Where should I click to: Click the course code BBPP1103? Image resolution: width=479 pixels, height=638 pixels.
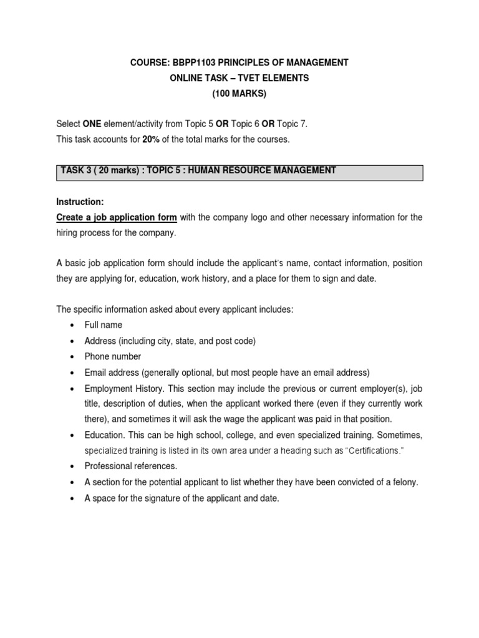tap(188, 62)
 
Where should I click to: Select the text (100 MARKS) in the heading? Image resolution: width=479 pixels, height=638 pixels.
tap(239, 93)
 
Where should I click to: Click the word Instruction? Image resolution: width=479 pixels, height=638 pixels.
tap(80, 202)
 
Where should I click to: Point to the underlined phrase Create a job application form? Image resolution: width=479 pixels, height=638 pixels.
tap(117, 217)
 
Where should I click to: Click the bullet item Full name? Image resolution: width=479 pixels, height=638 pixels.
tap(104, 325)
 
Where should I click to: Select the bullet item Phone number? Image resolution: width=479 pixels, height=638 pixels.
tap(113, 356)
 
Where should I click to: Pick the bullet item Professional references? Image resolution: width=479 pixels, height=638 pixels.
tap(131, 465)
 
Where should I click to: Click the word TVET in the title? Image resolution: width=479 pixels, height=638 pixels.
tap(244, 78)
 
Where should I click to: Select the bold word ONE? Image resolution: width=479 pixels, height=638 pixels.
tap(92, 124)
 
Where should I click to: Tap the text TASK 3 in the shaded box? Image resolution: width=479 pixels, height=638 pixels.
tap(75, 170)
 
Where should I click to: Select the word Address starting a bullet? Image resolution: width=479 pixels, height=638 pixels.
tap(100, 341)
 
